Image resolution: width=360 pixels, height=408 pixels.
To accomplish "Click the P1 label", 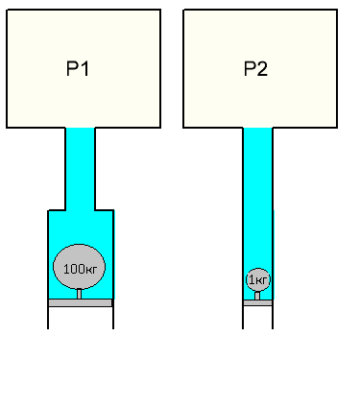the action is tap(78, 68).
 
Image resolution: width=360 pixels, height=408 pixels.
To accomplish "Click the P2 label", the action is tap(255, 68).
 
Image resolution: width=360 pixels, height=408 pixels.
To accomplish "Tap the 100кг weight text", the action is tap(80, 269).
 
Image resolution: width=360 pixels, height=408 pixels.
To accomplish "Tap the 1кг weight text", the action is tap(258, 280).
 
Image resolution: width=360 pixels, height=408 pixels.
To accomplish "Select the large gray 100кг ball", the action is tap(79, 267).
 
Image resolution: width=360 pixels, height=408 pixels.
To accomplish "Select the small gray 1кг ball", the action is tap(258, 280).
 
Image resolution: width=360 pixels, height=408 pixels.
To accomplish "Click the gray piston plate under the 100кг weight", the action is tap(80, 302).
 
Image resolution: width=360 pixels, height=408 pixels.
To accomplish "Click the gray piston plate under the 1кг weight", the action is tap(257, 302).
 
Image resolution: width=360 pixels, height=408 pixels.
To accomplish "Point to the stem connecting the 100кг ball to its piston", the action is tap(79, 294).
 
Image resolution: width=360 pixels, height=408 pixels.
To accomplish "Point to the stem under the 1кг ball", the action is tap(257, 296).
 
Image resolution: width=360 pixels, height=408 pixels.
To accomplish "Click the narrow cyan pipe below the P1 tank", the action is tap(80, 169).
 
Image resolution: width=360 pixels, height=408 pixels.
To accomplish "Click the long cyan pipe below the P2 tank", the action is tap(257, 214).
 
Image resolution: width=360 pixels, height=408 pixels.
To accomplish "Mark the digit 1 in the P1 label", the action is tap(84, 68).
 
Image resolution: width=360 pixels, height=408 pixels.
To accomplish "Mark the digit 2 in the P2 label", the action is tap(262, 68).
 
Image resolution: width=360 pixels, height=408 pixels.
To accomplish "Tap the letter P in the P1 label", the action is tap(72, 68).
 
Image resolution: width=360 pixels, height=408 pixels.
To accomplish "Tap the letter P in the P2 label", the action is tap(250, 68).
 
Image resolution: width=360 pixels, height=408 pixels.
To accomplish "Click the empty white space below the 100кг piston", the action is tap(81, 318).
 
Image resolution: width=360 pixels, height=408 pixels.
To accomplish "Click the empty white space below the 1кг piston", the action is tap(257, 317).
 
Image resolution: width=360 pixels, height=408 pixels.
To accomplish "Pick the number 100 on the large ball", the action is tap(74, 269).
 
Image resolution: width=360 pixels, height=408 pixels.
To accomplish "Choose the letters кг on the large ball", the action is tap(91, 271).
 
